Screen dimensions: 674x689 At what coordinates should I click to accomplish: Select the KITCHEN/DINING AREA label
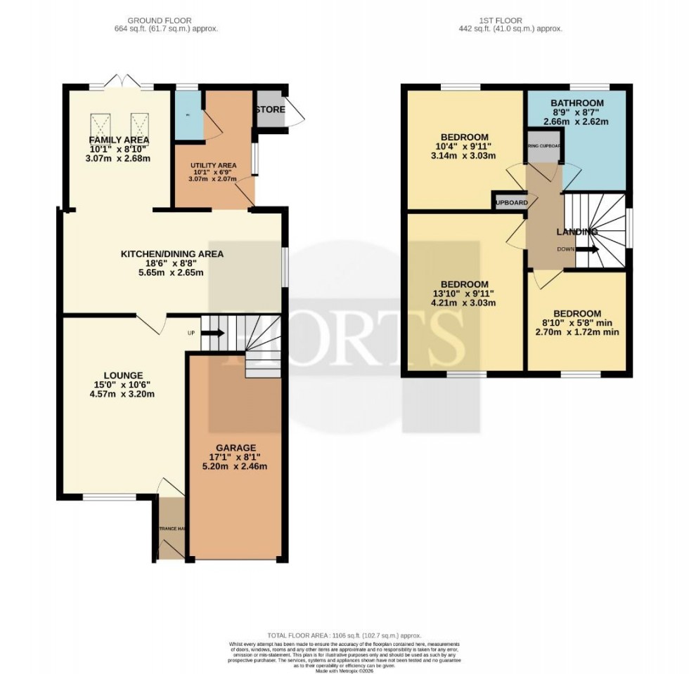(172, 253)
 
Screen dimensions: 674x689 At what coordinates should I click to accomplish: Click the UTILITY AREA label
(213, 165)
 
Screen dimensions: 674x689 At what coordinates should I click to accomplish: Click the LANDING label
(577, 232)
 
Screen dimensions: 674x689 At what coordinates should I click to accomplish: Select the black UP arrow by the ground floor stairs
(214, 333)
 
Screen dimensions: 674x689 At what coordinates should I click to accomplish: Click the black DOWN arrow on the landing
(589, 249)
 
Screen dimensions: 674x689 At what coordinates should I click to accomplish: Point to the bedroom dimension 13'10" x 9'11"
(465, 294)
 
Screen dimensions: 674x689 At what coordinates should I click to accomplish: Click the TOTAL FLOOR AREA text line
(344, 635)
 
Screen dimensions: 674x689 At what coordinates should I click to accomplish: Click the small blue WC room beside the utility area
(188, 114)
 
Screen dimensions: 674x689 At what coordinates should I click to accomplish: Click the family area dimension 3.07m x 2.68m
(118, 159)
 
